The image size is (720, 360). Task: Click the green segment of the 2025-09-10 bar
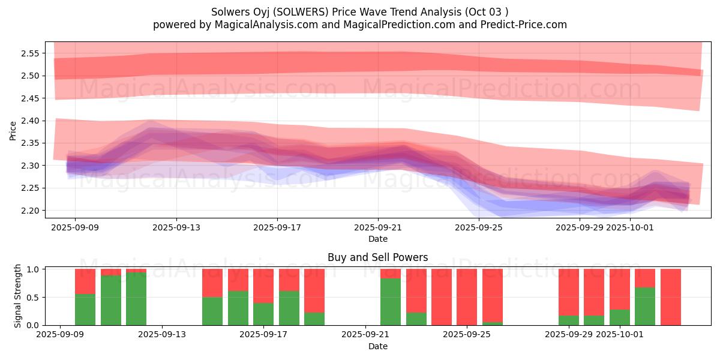85,310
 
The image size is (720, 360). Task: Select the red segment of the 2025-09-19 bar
314,290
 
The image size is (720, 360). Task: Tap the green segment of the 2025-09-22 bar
391,302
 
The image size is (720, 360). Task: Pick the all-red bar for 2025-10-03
670,297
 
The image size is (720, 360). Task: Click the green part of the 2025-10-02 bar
645,307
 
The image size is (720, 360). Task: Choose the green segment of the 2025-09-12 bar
136,299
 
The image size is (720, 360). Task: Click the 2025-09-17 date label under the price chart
277,227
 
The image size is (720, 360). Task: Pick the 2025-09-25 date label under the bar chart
466,335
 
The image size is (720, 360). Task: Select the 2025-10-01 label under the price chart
630,227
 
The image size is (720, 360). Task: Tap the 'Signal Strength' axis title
18,296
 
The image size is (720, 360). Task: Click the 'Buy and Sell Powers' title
378,257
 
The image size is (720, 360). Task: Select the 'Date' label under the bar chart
378,346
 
